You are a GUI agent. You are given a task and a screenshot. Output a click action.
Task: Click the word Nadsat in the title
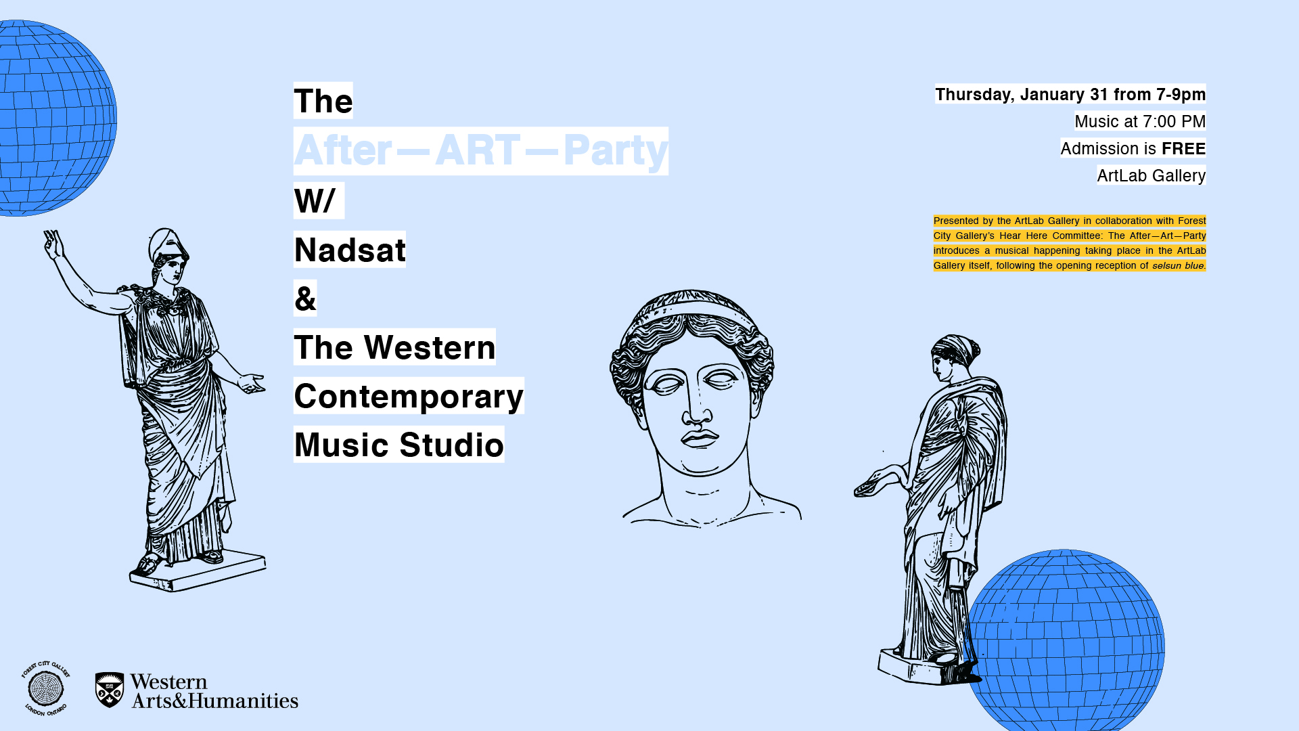click(350, 250)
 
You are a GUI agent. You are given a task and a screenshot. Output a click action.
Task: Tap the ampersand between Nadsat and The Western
click(305, 298)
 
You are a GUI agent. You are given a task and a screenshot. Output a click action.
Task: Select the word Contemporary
click(409, 397)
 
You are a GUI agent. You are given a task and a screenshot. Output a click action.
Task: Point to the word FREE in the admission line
click(1183, 148)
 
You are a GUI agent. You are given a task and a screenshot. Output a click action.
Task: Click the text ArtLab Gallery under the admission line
click(1151, 176)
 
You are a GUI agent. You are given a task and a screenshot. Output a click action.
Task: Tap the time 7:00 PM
click(1174, 122)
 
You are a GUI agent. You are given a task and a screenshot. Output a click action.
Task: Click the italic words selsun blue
click(1178, 265)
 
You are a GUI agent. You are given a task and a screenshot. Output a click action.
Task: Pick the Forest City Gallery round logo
click(45, 688)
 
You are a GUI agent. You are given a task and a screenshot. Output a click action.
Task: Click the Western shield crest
click(110, 690)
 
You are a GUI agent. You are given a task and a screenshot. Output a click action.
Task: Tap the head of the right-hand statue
click(954, 356)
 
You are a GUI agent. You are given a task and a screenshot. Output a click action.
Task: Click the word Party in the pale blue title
click(615, 150)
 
